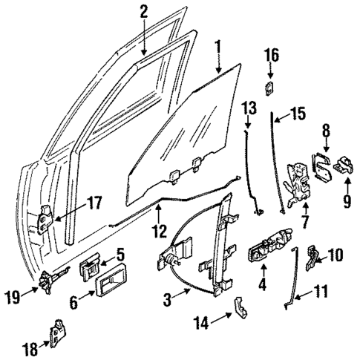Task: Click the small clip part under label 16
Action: (271, 88)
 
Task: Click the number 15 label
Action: (296, 114)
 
